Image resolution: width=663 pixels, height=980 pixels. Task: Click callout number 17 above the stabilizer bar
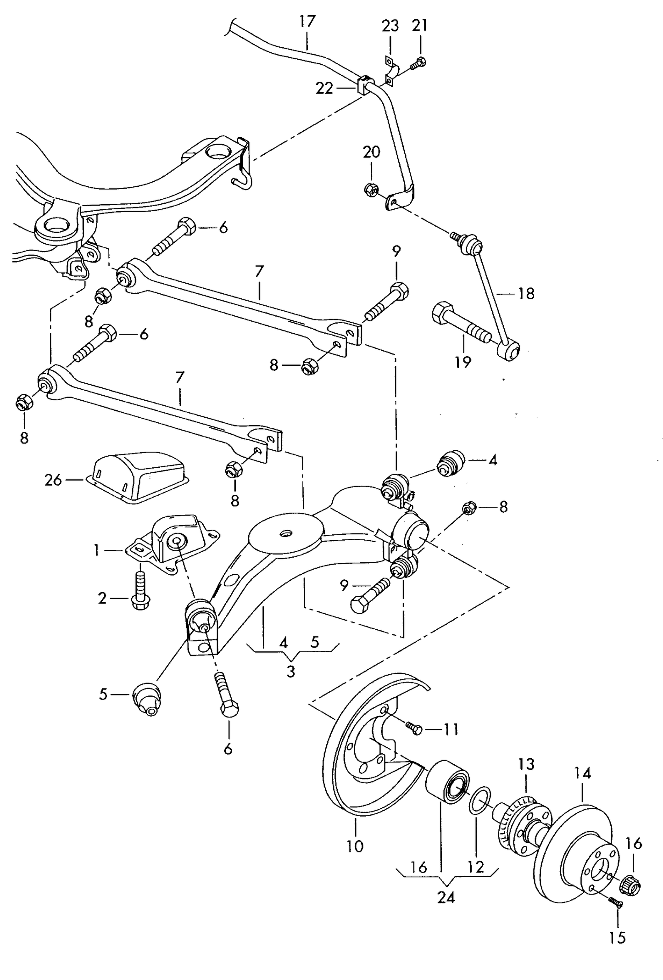point(307,21)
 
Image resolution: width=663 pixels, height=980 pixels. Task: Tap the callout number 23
point(390,26)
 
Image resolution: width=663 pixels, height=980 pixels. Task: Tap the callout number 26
point(53,480)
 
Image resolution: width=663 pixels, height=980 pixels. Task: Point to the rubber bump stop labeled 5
point(147,699)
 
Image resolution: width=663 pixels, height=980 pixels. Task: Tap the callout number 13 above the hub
point(527,764)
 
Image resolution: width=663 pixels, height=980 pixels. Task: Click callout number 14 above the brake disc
point(583,773)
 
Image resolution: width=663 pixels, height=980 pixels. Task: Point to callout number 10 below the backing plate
point(355,846)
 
